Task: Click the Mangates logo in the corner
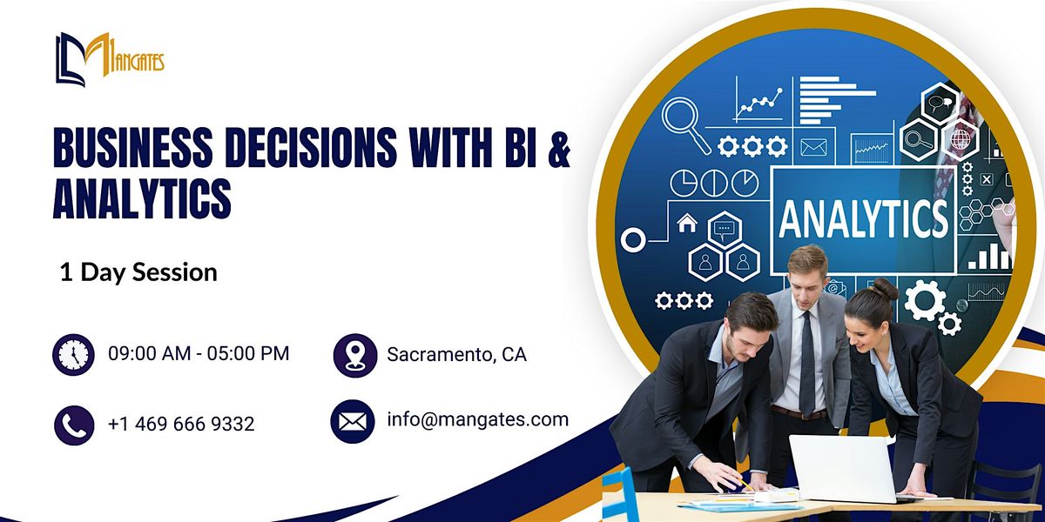(109, 59)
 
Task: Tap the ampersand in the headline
(559, 148)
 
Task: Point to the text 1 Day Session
(138, 272)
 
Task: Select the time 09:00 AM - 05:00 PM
(199, 353)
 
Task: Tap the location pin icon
(354, 355)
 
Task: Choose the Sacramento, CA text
(456, 355)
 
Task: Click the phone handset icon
(74, 425)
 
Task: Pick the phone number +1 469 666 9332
(181, 424)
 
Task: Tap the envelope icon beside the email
(352, 422)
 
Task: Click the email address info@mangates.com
(477, 419)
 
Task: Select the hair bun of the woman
(886, 287)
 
